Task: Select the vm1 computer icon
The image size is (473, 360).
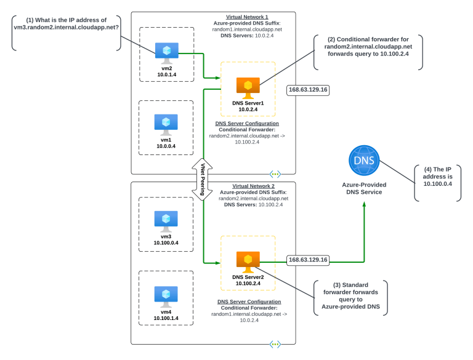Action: point(166,124)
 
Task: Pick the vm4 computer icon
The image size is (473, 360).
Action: point(166,296)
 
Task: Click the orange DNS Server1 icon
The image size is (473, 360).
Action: point(248,87)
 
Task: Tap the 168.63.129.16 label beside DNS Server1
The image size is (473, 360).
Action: point(308,90)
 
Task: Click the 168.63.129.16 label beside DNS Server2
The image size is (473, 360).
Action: point(308,260)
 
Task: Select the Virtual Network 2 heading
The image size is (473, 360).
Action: point(253,186)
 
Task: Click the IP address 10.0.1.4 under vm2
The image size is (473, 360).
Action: point(166,74)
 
